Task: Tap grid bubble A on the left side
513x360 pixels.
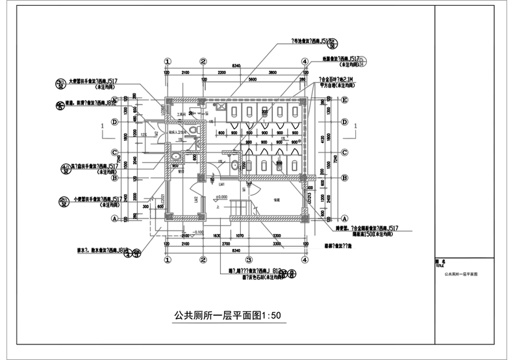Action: click(114, 219)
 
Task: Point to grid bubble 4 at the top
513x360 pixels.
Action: click(304, 62)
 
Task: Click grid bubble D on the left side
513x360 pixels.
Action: click(114, 122)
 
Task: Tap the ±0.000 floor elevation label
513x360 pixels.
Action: click(221, 196)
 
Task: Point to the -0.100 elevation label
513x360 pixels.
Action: click(197, 232)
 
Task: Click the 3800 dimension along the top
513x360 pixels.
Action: click(272, 73)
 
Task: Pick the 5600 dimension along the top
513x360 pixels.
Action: click(253, 79)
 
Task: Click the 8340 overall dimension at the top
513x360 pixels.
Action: click(235, 66)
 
